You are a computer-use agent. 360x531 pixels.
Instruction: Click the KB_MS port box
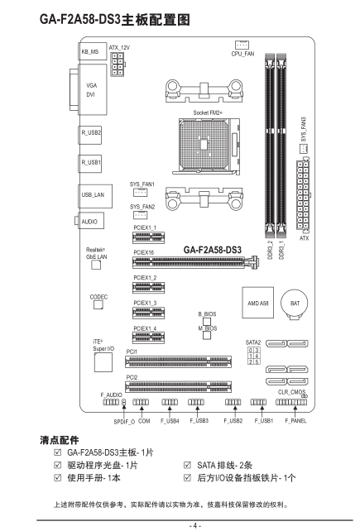click(x=92, y=51)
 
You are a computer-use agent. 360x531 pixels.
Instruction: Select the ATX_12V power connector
click(x=118, y=64)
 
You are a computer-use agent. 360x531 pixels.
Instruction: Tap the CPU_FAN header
click(x=242, y=45)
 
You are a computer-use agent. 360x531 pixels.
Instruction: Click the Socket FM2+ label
click(x=208, y=112)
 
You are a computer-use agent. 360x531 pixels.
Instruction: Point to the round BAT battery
click(x=295, y=304)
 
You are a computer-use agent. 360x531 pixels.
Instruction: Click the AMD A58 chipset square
click(x=257, y=303)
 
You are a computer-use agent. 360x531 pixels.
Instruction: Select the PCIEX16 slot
click(x=195, y=262)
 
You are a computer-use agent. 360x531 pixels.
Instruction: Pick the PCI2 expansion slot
click(x=178, y=387)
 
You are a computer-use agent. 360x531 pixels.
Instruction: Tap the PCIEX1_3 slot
click(x=148, y=313)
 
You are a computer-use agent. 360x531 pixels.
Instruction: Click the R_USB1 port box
click(x=90, y=164)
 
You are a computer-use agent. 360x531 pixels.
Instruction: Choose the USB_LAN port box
click(x=95, y=196)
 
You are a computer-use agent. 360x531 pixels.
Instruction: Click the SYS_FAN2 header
click(x=140, y=215)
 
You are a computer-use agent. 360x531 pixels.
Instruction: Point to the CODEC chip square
click(x=98, y=304)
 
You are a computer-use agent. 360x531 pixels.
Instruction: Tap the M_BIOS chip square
click(x=207, y=335)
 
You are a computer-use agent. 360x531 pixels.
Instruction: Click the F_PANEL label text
click(x=295, y=421)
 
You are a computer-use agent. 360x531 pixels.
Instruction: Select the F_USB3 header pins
click(x=196, y=402)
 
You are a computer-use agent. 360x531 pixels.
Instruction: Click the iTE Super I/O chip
click(x=103, y=362)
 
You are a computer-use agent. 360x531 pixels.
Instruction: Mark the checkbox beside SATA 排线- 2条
click(x=187, y=465)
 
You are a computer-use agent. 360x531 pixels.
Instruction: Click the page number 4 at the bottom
click(x=195, y=525)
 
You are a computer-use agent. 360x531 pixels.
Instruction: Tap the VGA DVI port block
click(x=93, y=90)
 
